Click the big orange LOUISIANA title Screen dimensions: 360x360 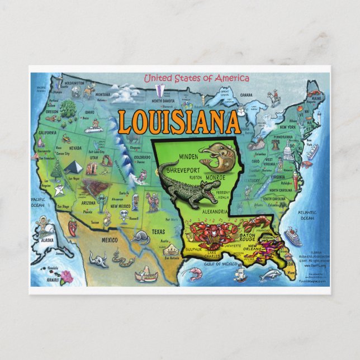click(178, 122)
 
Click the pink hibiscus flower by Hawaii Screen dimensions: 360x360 click(67, 275)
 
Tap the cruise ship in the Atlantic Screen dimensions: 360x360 click(292, 236)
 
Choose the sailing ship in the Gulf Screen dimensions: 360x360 click(240, 273)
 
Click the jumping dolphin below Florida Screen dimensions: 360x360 click(271, 274)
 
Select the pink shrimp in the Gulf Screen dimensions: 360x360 click(195, 273)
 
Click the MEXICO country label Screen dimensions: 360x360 click(109, 240)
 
